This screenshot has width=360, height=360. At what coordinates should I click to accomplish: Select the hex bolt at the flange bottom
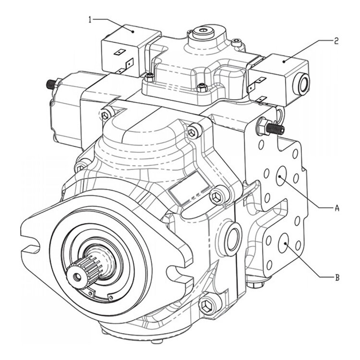[207, 303]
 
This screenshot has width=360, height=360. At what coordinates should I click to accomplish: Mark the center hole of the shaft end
[76, 276]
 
